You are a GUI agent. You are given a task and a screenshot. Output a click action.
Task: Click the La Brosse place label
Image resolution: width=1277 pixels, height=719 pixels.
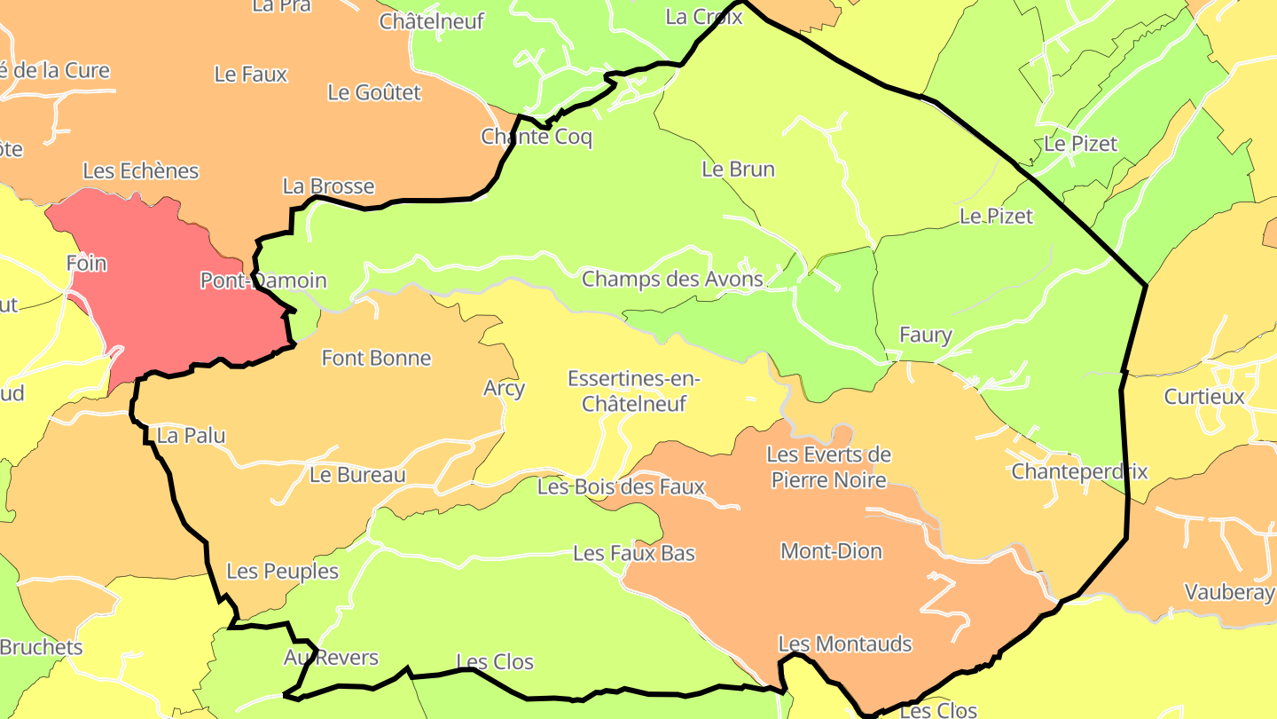(x=328, y=186)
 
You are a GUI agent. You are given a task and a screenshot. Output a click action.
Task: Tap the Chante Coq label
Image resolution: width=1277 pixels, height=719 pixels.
(x=536, y=137)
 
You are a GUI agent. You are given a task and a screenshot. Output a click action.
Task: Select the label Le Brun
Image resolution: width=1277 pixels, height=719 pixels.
(x=738, y=169)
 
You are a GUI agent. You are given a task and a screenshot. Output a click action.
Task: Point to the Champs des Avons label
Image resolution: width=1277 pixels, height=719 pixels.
(x=671, y=279)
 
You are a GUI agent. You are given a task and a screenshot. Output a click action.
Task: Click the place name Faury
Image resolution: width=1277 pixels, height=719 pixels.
(x=925, y=335)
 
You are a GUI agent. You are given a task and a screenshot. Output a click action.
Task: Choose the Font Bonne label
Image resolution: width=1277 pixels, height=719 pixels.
(x=376, y=358)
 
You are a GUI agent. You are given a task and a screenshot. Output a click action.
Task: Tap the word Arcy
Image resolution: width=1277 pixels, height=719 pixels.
(x=504, y=388)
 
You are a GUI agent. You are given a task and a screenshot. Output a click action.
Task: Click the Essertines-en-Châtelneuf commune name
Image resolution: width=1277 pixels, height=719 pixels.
(x=634, y=391)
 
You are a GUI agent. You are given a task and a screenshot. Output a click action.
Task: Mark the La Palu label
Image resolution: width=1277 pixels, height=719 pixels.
(x=191, y=435)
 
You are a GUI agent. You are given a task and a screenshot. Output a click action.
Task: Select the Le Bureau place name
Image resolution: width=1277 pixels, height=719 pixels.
(x=357, y=475)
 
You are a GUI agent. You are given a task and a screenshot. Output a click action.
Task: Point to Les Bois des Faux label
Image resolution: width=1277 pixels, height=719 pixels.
(x=621, y=486)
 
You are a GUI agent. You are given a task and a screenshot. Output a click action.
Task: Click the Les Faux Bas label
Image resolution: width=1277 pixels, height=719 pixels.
(x=634, y=553)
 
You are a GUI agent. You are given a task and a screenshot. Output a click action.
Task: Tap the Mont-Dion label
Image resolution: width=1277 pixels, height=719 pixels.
(x=831, y=551)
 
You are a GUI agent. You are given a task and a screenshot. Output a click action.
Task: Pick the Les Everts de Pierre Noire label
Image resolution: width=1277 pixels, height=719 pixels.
(x=828, y=467)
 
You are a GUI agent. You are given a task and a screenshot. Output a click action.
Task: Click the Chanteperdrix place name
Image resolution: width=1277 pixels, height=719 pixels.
(x=1079, y=471)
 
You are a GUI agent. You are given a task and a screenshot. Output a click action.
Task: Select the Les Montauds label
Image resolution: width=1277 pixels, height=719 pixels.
(x=844, y=644)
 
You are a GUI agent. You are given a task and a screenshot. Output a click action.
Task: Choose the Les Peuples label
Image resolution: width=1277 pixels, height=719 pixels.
(x=282, y=571)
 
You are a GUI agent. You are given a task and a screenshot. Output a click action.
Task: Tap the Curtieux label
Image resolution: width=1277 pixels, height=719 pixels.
(x=1204, y=396)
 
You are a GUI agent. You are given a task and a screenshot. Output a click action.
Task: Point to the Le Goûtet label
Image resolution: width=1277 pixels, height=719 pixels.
(x=373, y=91)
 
